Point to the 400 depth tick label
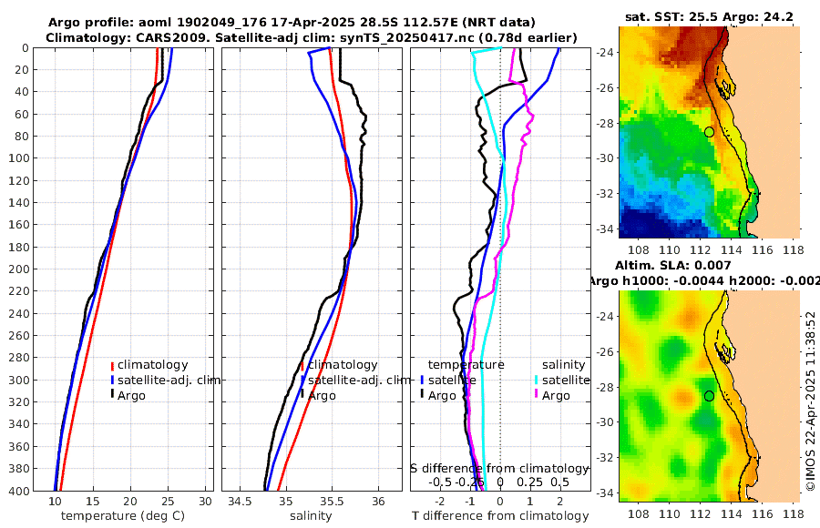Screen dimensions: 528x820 click(x=20, y=491)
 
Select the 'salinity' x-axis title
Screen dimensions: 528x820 click(x=310, y=516)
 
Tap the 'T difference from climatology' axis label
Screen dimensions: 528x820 click(x=500, y=516)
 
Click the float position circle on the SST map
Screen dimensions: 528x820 click(x=709, y=132)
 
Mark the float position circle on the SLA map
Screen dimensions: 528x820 click(x=709, y=396)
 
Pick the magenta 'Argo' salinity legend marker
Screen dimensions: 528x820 click(x=537, y=395)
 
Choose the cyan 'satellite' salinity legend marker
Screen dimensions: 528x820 click(x=537, y=380)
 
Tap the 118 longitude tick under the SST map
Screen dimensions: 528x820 click(x=791, y=249)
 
